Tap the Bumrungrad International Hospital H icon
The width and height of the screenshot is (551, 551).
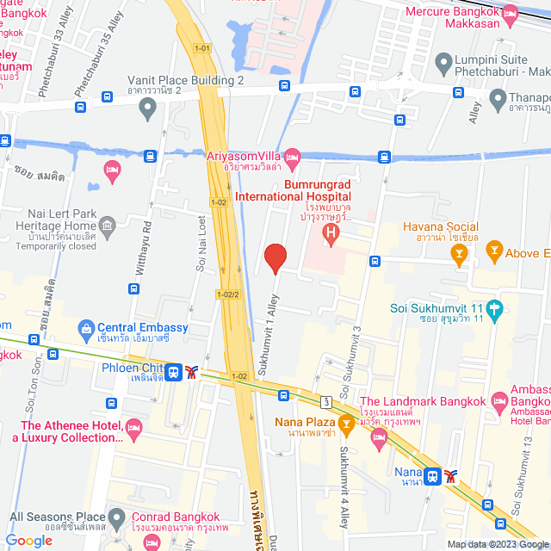(329, 232)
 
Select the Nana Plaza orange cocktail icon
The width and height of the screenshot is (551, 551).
(346, 422)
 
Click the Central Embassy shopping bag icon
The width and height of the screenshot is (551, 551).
(85, 328)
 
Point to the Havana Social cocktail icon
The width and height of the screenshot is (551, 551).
(460, 252)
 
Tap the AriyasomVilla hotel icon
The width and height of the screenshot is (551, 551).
(292, 155)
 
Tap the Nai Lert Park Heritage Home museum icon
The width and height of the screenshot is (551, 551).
(108, 227)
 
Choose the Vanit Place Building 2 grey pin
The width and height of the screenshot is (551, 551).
(147, 108)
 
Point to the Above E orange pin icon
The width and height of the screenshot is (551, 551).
(494, 252)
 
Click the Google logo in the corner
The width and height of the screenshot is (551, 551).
(29, 540)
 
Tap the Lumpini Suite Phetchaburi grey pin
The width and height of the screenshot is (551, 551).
(444, 62)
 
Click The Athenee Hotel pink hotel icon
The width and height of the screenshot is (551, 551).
(133, 427)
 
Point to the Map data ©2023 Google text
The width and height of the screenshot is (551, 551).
(496, 544)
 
